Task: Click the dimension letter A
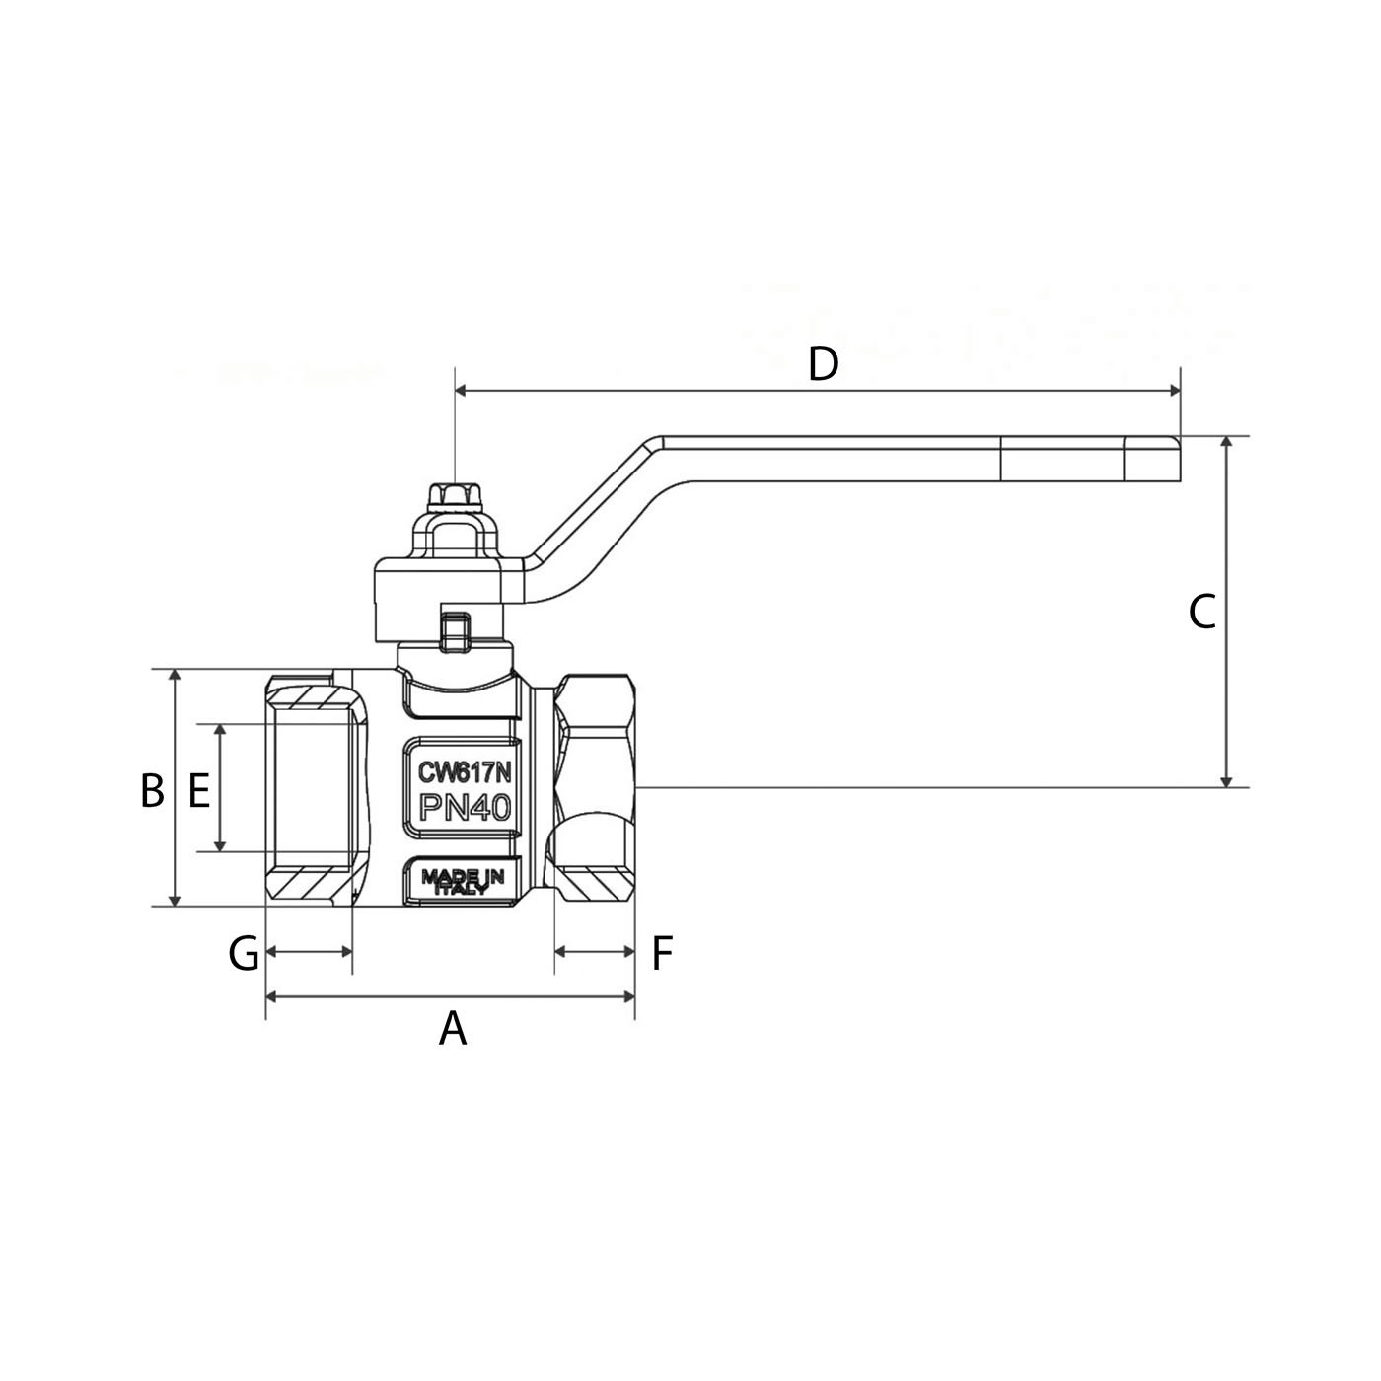[452, 1029]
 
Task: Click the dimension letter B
[152, 790]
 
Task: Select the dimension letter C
[1201, 612]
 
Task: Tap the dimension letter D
[823, 364]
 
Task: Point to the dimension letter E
[199, 790]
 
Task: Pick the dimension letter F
[662, 953]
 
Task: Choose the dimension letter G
[244, 953]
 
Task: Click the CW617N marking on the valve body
[465, 771]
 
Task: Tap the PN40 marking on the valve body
[465, 808]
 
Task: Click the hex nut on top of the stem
[453, 496]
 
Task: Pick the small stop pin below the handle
[454, 631]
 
